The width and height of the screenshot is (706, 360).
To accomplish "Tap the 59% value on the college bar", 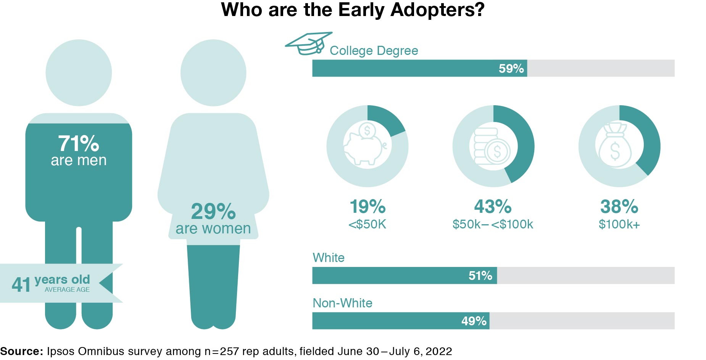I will [x=511, y=69].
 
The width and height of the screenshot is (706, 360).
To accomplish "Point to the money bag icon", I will [x=615, y=146].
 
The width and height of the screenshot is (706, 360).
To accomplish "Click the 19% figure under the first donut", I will [x=368, y=207].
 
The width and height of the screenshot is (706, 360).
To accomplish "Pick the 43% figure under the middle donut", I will [x=493, y=207].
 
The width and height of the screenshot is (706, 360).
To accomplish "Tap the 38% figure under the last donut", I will [x=619, y=207].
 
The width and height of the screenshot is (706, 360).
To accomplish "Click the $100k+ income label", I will [x=619, y=224].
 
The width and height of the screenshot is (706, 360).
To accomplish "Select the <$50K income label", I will [x=367, y=224].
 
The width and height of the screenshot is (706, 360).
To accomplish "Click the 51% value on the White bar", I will [x=480, y=276].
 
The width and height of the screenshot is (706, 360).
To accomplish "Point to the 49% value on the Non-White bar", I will [x=474, y=321].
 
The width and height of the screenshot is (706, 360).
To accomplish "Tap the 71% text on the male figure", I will [x=79, y=144].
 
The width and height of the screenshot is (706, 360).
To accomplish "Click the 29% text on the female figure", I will [x=213, y=211].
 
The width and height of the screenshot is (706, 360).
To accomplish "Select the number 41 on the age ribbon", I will [x=21, y=284].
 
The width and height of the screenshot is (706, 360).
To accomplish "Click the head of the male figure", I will [x=79, y=72].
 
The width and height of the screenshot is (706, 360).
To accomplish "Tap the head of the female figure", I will [x=213, y=72].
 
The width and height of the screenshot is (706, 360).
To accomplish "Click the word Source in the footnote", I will [x=21, y=351].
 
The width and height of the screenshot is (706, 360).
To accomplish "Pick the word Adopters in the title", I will [x=437, y=10].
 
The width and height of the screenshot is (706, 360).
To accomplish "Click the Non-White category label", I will [x=342, y=303].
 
